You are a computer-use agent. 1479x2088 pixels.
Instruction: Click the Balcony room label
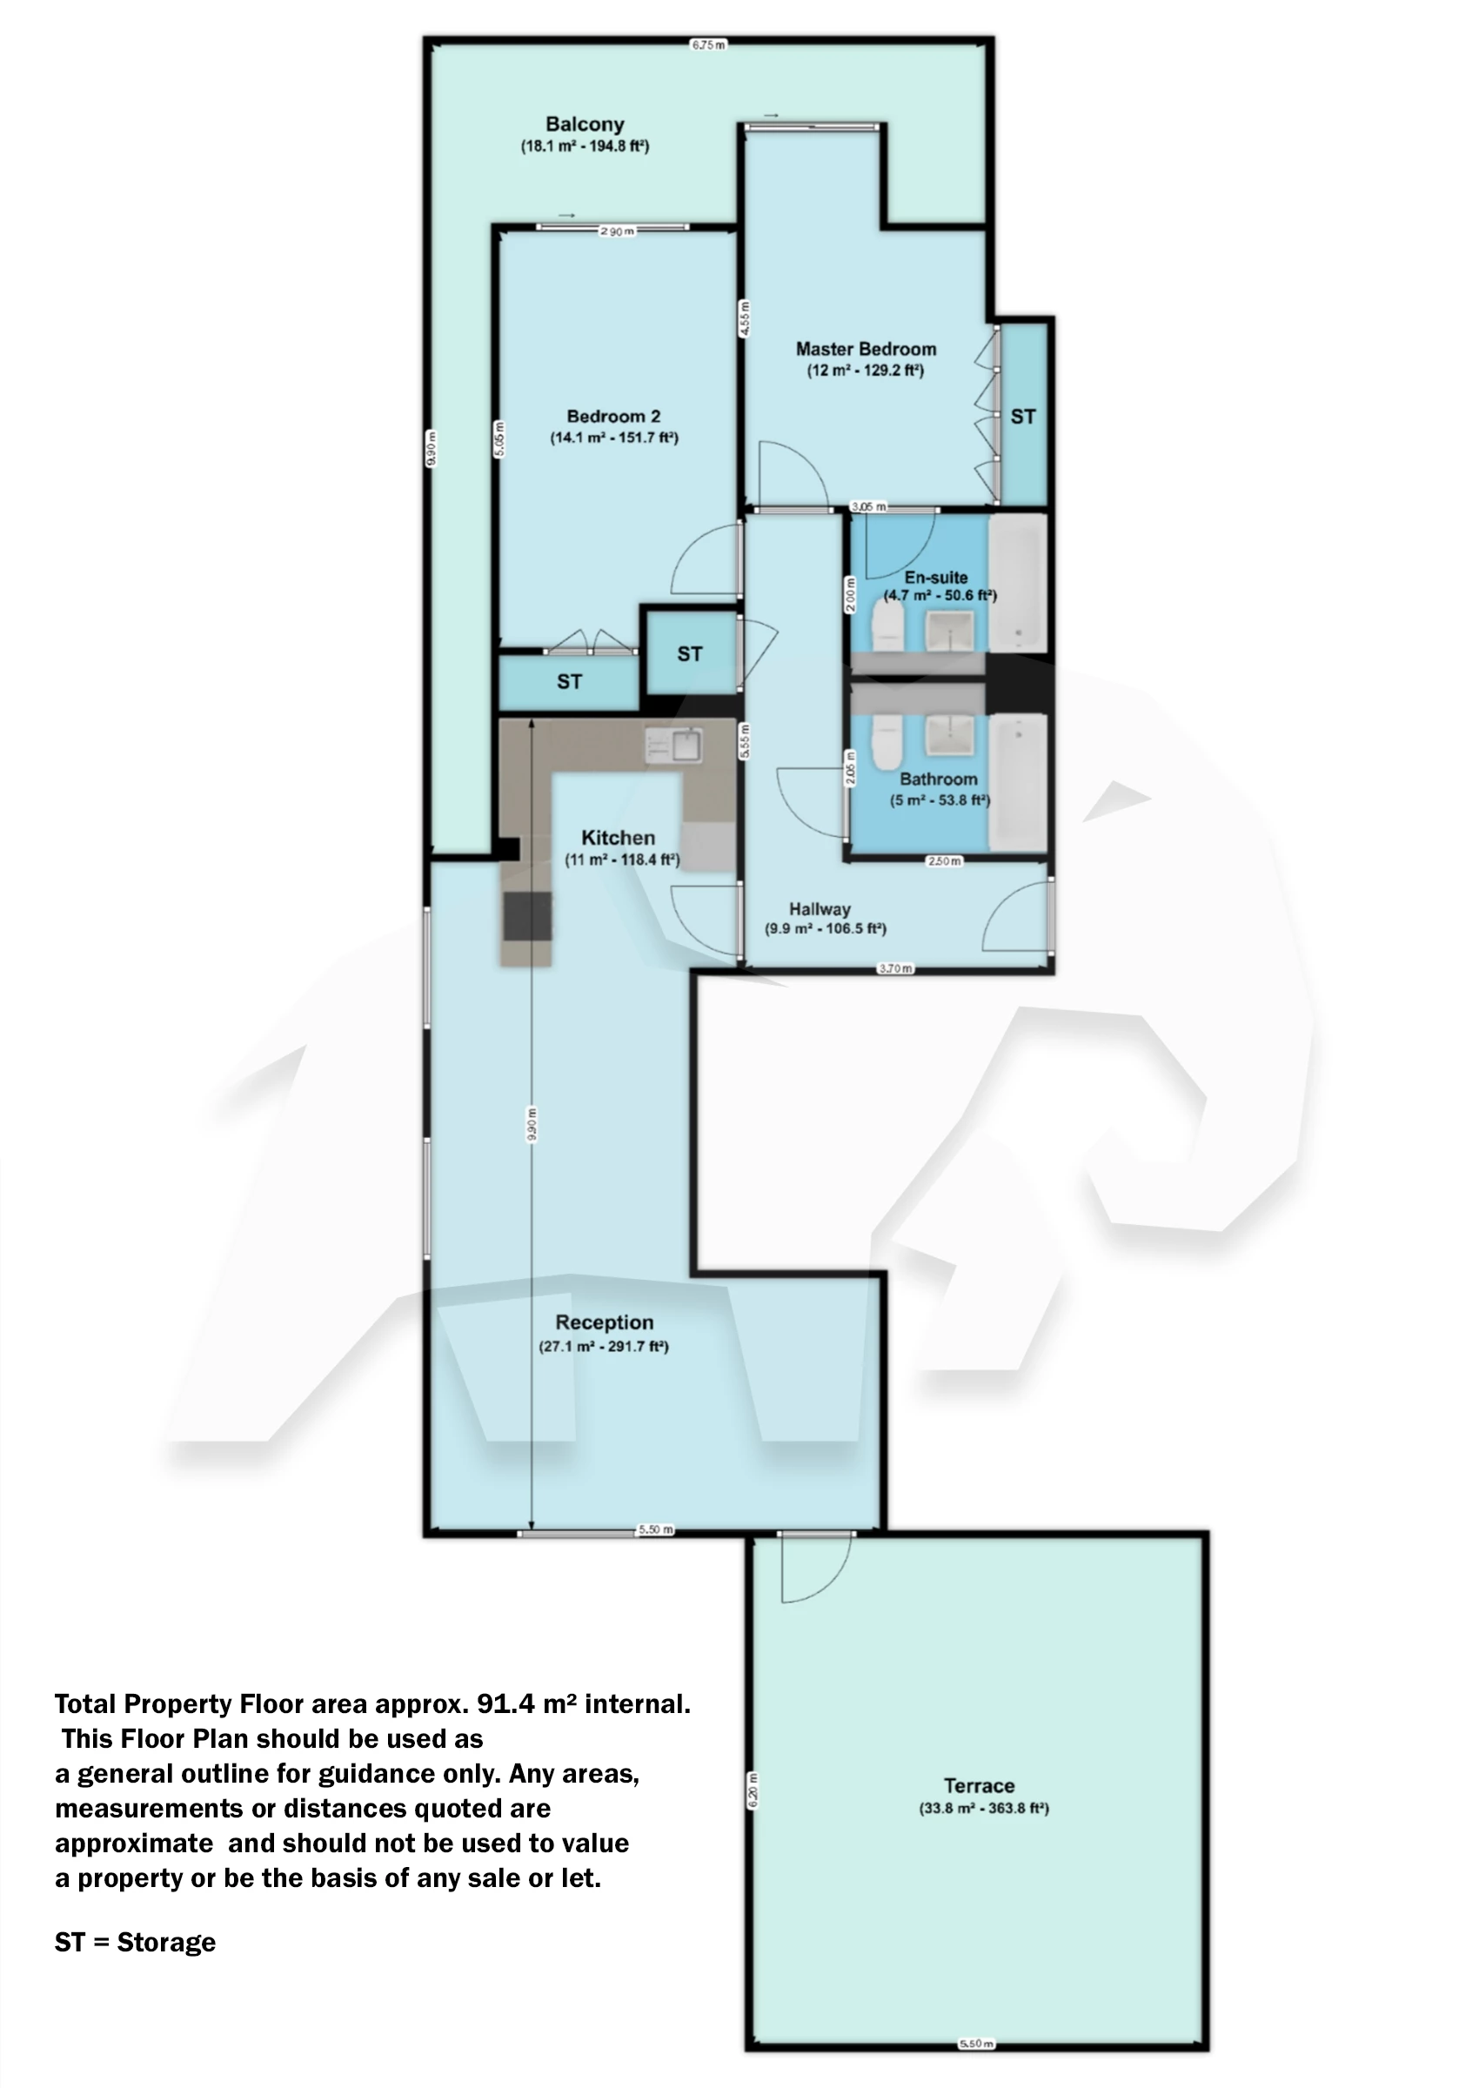[585, 124]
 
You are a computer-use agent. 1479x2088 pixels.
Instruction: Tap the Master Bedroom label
[865, 349]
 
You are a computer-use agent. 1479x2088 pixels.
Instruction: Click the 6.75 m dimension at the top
[707, 44]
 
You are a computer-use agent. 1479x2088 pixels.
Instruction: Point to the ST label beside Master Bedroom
[1023, 416]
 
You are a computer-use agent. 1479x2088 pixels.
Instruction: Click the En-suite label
[935, 578]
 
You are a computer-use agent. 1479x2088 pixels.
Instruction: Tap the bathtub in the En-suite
[1017, 583]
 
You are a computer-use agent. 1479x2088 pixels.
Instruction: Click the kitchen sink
[686, 745]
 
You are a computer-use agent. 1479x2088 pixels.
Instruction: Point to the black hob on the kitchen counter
[528, 916]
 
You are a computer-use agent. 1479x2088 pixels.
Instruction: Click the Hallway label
[820, 909]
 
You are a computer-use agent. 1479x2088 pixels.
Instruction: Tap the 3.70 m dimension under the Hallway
[894, 968]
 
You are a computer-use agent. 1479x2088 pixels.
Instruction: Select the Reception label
[604, 1322]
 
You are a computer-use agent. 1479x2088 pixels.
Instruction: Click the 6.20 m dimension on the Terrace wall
[753, 1790]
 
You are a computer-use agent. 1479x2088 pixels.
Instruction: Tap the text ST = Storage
[135, 1943]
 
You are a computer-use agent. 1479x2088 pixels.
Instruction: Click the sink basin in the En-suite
[949, 629]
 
